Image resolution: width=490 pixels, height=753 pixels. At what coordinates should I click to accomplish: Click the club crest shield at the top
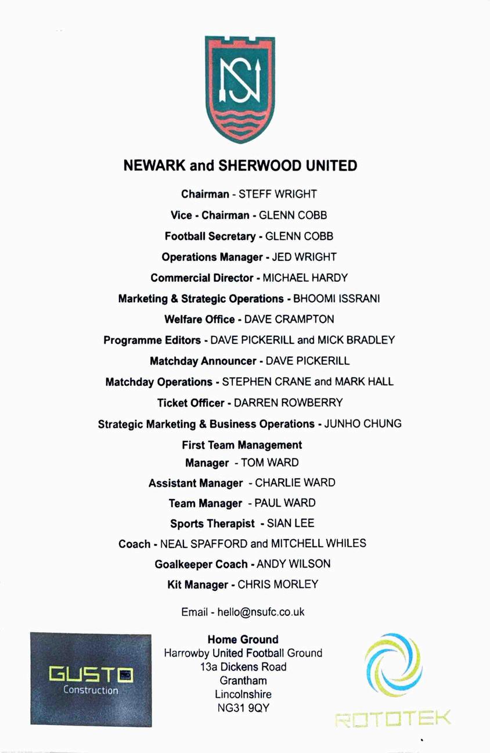(x=240, y=88)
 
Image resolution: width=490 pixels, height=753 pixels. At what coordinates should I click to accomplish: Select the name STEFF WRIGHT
(x=278, y=194)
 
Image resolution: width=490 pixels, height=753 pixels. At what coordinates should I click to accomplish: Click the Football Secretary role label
(x=210, y=236)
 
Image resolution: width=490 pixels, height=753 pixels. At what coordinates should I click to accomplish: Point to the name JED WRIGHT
(x=304, y=257)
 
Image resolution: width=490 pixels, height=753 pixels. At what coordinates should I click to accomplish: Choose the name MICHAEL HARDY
(x=305, y=278)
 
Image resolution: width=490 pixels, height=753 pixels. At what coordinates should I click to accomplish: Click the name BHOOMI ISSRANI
(x=337, y=299)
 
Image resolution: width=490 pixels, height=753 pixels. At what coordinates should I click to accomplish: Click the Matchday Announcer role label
(x=203, y=361)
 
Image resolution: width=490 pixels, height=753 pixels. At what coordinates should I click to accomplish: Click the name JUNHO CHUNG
(x=363, y=424)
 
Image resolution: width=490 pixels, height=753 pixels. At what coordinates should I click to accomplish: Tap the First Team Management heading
(x=242, y=445)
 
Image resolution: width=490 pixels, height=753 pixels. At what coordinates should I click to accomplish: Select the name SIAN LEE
(x=290, y=523)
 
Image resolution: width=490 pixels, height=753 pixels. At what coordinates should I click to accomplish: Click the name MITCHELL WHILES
(x=319, y=543)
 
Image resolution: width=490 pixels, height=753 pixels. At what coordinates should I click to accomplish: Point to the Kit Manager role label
(x=197, y=585)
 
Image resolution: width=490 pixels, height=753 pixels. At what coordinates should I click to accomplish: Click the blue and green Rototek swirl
(x=394, y=664)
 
